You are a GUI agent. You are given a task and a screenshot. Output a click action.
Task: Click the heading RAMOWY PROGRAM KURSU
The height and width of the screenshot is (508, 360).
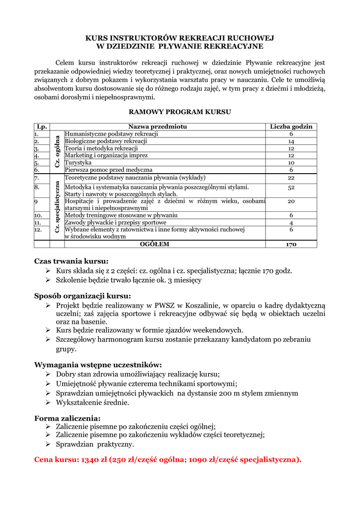click(x=180, y=112)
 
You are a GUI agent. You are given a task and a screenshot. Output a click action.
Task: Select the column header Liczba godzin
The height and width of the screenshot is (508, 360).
click(x=291, y=127)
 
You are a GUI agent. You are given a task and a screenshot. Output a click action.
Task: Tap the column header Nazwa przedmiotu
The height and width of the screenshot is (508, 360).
click(x=157, y=127)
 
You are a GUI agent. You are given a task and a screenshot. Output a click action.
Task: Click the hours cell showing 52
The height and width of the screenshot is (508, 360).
click(x=291, y=188)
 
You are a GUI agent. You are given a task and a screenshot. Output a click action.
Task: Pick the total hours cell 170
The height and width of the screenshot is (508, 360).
click(x=291, y=245)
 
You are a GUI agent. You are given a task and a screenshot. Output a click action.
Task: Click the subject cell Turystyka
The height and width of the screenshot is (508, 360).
click(x=78, y=163)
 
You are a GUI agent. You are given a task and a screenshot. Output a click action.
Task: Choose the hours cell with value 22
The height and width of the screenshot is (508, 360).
click(x=291, y=178)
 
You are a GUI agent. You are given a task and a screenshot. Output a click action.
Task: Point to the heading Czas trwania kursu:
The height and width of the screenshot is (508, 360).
click(x=71, y=261)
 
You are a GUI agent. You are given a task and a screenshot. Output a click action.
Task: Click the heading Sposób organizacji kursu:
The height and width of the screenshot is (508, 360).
click(x=82, y=296)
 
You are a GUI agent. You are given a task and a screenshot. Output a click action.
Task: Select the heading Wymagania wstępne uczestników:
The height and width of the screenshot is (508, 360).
click(x=98, y=365)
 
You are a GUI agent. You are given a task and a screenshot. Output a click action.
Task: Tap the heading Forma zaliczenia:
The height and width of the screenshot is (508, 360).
click(x=67, y=418)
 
